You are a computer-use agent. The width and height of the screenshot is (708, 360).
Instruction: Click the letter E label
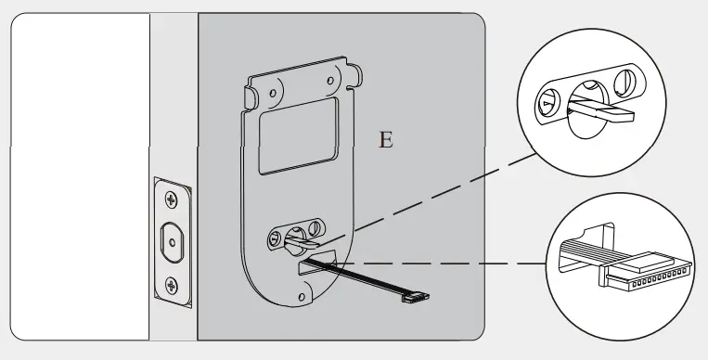point(386,141)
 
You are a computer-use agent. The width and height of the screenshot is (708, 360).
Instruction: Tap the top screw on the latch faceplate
point(172,199)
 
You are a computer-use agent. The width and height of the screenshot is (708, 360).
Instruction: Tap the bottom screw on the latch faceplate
point(172,284)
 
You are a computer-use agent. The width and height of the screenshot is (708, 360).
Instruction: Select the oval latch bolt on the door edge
point(172,241)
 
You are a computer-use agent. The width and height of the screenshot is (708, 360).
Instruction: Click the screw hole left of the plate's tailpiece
point(276,239)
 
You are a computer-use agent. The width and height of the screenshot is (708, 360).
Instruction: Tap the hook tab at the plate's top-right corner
point(353,70)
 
